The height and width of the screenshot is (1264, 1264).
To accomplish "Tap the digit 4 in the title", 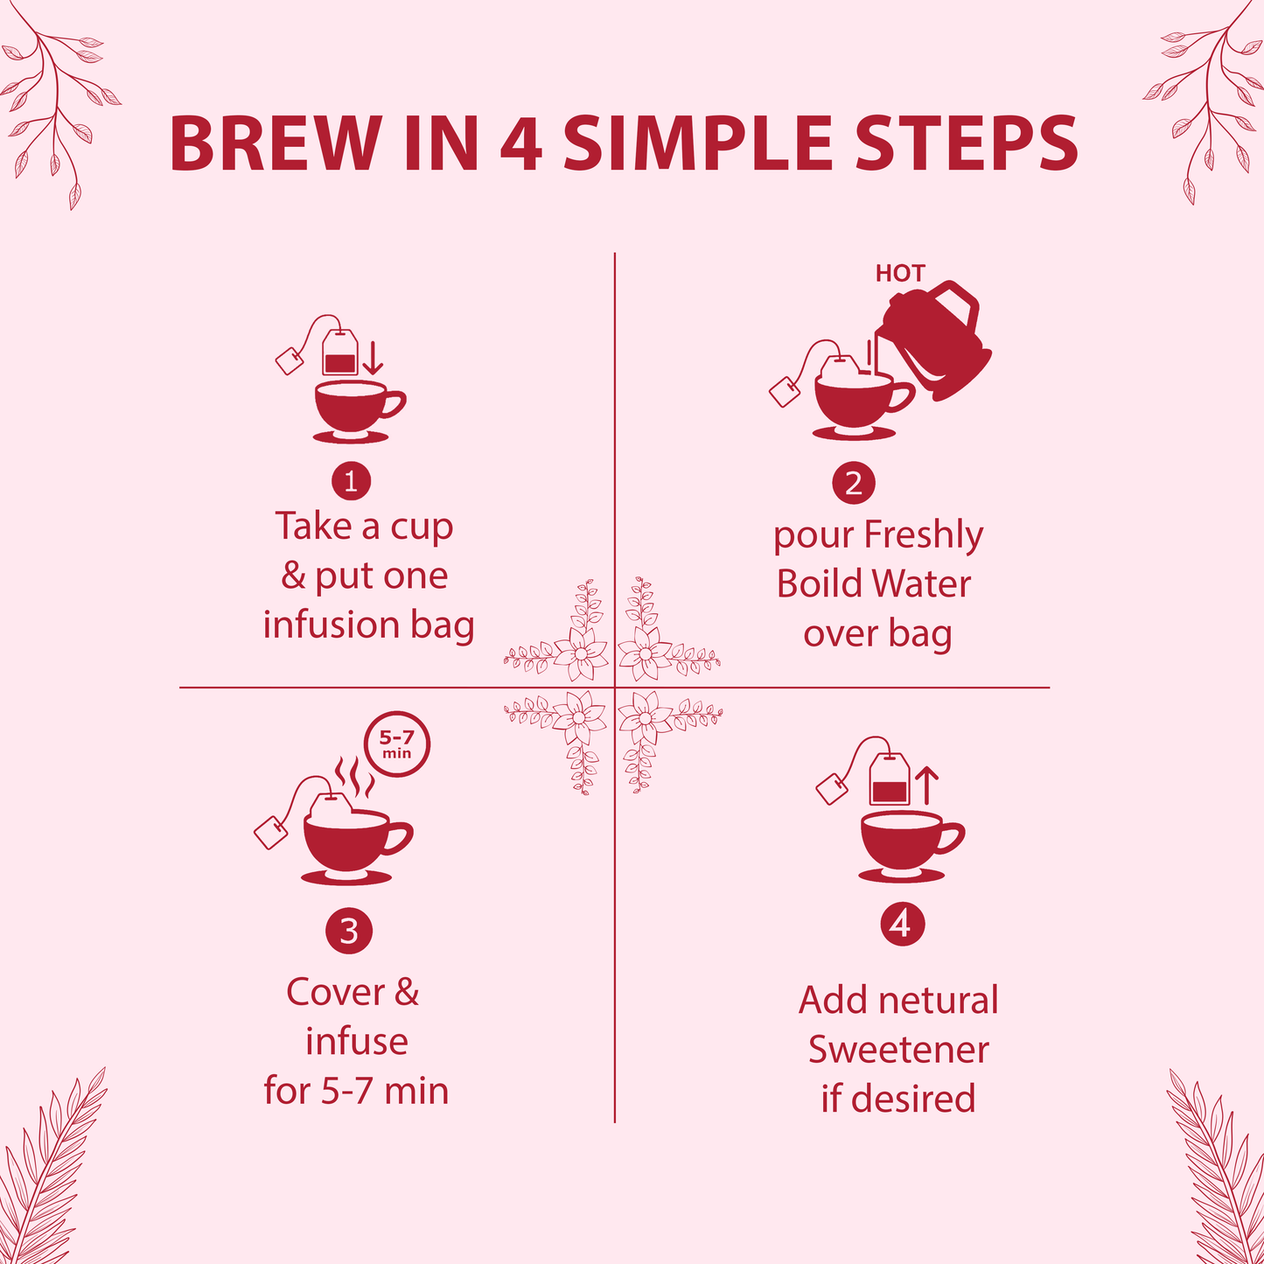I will pyautogui.click(x=521, y=143).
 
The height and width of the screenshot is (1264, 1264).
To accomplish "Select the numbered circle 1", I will pyautogui.click(x=351, y=481).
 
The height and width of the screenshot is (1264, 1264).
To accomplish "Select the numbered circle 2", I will pyautogui.click(x=853, y=483).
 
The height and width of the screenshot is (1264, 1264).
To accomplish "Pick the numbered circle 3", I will pyautogui.click(x=349, y=931).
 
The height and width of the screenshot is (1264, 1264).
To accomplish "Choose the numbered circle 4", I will pyautogui.click(x=901, y=924).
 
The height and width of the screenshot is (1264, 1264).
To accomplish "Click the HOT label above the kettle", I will pyautogui.click(x=899, y=274).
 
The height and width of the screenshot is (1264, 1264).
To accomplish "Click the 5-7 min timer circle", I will pyautogui.click(x=397, y=745).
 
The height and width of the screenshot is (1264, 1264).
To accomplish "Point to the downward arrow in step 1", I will pyautogui.click(x=373, y=359).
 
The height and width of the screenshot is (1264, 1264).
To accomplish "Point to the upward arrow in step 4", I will pyautogui.click(x=927, y=785).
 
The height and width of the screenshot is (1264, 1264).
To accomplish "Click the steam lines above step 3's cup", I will pyautogui.click(x=354, y=777).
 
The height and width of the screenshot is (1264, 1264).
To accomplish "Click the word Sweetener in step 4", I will pyautogui.click(x=898, y=1050).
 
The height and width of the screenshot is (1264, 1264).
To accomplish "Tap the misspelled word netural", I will pyautogui.click(x=937, y=1000).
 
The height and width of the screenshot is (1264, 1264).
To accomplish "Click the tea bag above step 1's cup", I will pyautogui.click(x=339, y=353).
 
